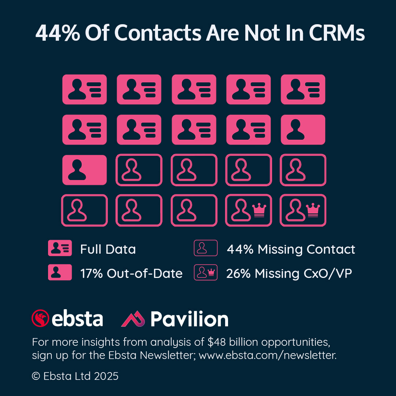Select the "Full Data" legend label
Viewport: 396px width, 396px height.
pyautogui.click(x=108, y=249)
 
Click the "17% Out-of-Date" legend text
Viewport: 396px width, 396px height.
pyautogui.click(x=131, y=274)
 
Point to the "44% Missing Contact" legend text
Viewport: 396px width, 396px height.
pyautogui.click(x=291, y=249)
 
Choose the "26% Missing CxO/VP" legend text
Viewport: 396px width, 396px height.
pyautogui.click(x=289, y=274)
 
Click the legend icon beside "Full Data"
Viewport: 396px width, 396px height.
pyautogui.click(x=60, y=249)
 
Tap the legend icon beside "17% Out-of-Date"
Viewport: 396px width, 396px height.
pyautogui.click(x=60, y=273)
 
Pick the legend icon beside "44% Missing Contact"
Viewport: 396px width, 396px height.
pyautogui.click(x=206, y=248)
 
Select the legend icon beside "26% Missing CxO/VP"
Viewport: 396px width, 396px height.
pyautogui.click(x=206, y=272)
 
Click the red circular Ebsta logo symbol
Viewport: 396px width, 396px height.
pyautogui.click(x=40, y=318)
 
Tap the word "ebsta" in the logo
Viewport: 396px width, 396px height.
pyautogui.click(x=77, y=318)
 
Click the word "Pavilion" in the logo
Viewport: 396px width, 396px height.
pyautogui.click(x=189, y=319)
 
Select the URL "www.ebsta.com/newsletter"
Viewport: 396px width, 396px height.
pyautogui.click(x=267, y=355)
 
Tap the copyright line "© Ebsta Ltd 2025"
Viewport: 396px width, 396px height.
pyautogui.click(x=75, y=376)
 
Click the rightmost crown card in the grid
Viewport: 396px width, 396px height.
pyautogui.click(x=303, y=210)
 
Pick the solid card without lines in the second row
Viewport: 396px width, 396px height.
pyautogui.click(x=303, y=129)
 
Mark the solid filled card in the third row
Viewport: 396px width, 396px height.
pyautogui.click(x=84, y=170)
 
